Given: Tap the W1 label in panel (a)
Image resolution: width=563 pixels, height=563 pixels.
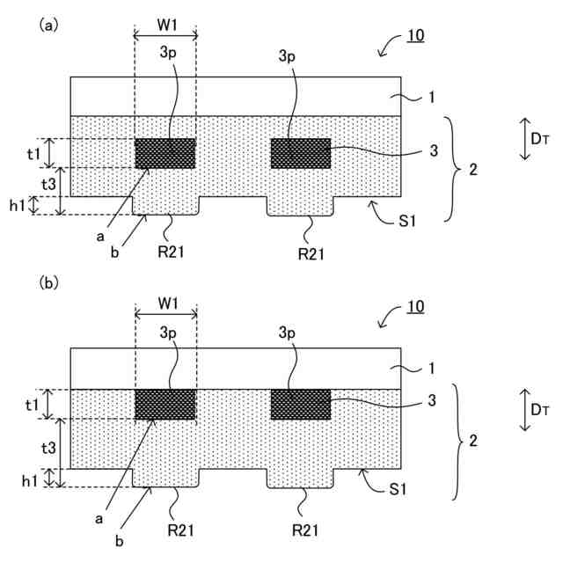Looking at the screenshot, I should coord(166,25).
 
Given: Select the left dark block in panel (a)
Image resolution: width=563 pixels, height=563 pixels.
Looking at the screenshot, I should coord(165,153).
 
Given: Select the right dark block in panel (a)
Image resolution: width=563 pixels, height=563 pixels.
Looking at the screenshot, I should coord(301,153).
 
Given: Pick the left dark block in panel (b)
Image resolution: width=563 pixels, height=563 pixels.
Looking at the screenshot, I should coord(165,405).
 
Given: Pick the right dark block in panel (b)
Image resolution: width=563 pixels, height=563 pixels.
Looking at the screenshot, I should coord(301,405).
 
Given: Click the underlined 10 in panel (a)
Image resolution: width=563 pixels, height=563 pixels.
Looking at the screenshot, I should coord(414,37).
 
